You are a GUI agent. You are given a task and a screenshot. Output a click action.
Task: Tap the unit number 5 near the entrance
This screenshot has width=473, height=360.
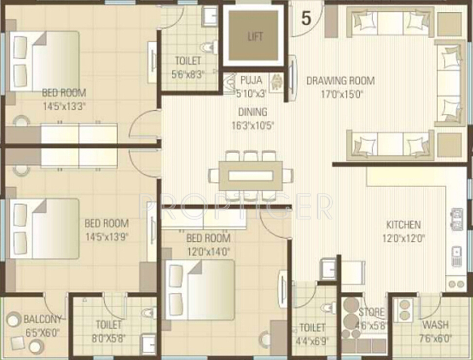306,18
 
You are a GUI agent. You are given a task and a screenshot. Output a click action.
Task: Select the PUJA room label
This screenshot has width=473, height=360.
251,80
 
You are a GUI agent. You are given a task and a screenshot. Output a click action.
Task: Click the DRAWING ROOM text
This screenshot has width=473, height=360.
340,81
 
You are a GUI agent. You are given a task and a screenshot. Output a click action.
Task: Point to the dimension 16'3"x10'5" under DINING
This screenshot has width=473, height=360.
253,126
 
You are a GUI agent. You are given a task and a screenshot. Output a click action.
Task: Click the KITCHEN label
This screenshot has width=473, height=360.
403,225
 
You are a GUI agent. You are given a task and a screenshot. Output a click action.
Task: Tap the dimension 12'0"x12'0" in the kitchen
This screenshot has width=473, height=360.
403,238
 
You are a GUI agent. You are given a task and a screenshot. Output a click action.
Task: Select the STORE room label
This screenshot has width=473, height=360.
372,312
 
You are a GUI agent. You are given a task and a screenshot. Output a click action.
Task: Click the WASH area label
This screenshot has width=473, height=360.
435,325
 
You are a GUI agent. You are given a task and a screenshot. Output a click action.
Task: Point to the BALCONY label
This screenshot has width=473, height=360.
43,320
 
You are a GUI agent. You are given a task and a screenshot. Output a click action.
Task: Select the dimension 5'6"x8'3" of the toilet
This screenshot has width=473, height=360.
188,74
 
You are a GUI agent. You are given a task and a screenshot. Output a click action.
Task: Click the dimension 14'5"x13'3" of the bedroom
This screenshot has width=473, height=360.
64,106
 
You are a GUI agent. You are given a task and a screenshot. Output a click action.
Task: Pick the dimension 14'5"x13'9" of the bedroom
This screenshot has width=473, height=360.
107,237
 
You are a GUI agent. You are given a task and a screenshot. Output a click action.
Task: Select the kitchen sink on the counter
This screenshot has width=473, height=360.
456,256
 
